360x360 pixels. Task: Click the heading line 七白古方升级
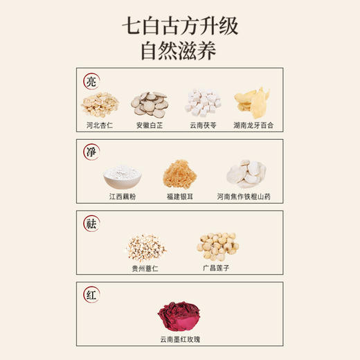coord(180,28)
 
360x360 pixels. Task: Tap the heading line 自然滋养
coord(180,51)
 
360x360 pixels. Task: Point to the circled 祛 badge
coord(91,224)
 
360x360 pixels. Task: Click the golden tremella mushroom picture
coord(179,176)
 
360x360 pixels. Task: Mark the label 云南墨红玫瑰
coord(179,339)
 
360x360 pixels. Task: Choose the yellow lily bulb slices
coord(252,103)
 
